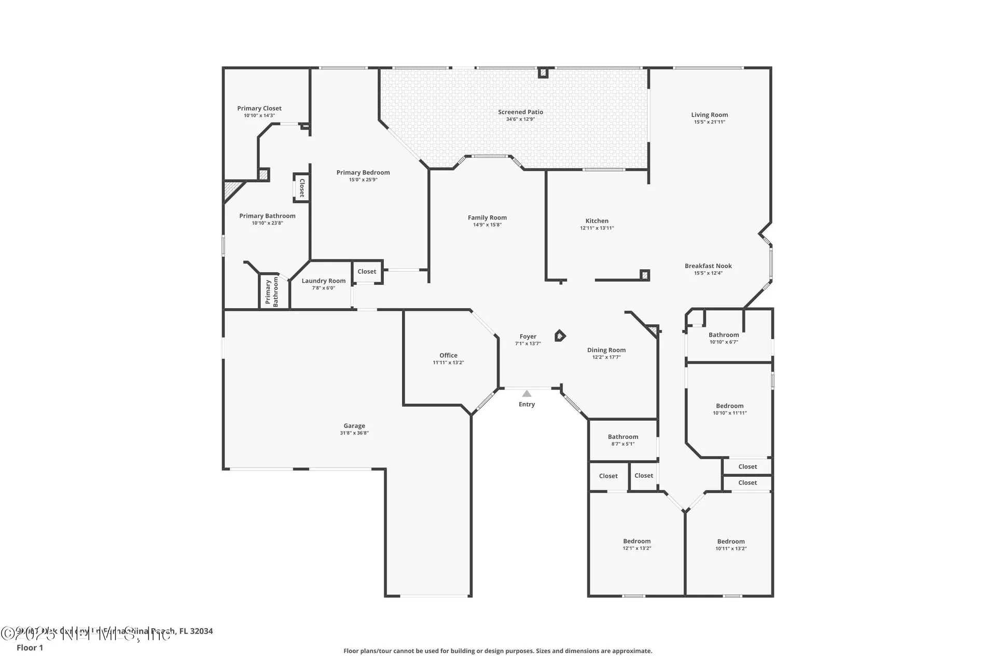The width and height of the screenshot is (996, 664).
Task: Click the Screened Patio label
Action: click(520, 112)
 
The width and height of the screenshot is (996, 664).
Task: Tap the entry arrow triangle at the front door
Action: click(527, 394)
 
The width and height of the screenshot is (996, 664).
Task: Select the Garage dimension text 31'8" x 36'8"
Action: click(354, 433)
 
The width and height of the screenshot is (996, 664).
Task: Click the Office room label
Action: click(448, 355)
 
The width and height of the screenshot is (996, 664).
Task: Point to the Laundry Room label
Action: click(323, 281)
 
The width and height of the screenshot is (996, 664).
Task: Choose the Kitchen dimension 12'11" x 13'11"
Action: click(597, 228)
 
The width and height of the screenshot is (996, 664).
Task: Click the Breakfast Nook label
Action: click(708, 266)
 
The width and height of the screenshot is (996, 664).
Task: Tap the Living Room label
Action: click(709, 115)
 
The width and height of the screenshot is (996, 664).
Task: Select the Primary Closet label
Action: click(259, 108)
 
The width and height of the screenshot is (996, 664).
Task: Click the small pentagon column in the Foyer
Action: click(559, 336)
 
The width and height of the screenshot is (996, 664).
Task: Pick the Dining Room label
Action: click(606, 350)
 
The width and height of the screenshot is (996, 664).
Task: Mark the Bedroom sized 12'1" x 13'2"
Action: click(637, 541)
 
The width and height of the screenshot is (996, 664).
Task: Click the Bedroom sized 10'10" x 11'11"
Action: click(729, 406)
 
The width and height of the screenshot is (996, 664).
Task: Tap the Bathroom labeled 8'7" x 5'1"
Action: click(623, 437)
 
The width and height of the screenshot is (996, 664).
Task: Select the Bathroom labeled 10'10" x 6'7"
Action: click(724, 335)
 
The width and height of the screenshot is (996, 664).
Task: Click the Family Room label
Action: click(487, 218)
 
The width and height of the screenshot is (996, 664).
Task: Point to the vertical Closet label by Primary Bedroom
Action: click(301, 187)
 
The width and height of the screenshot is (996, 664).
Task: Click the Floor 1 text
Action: click(30, 647)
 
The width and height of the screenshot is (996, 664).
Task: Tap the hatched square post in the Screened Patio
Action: click(543, 73)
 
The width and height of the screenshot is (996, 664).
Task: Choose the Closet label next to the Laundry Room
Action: click(367, 271)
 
